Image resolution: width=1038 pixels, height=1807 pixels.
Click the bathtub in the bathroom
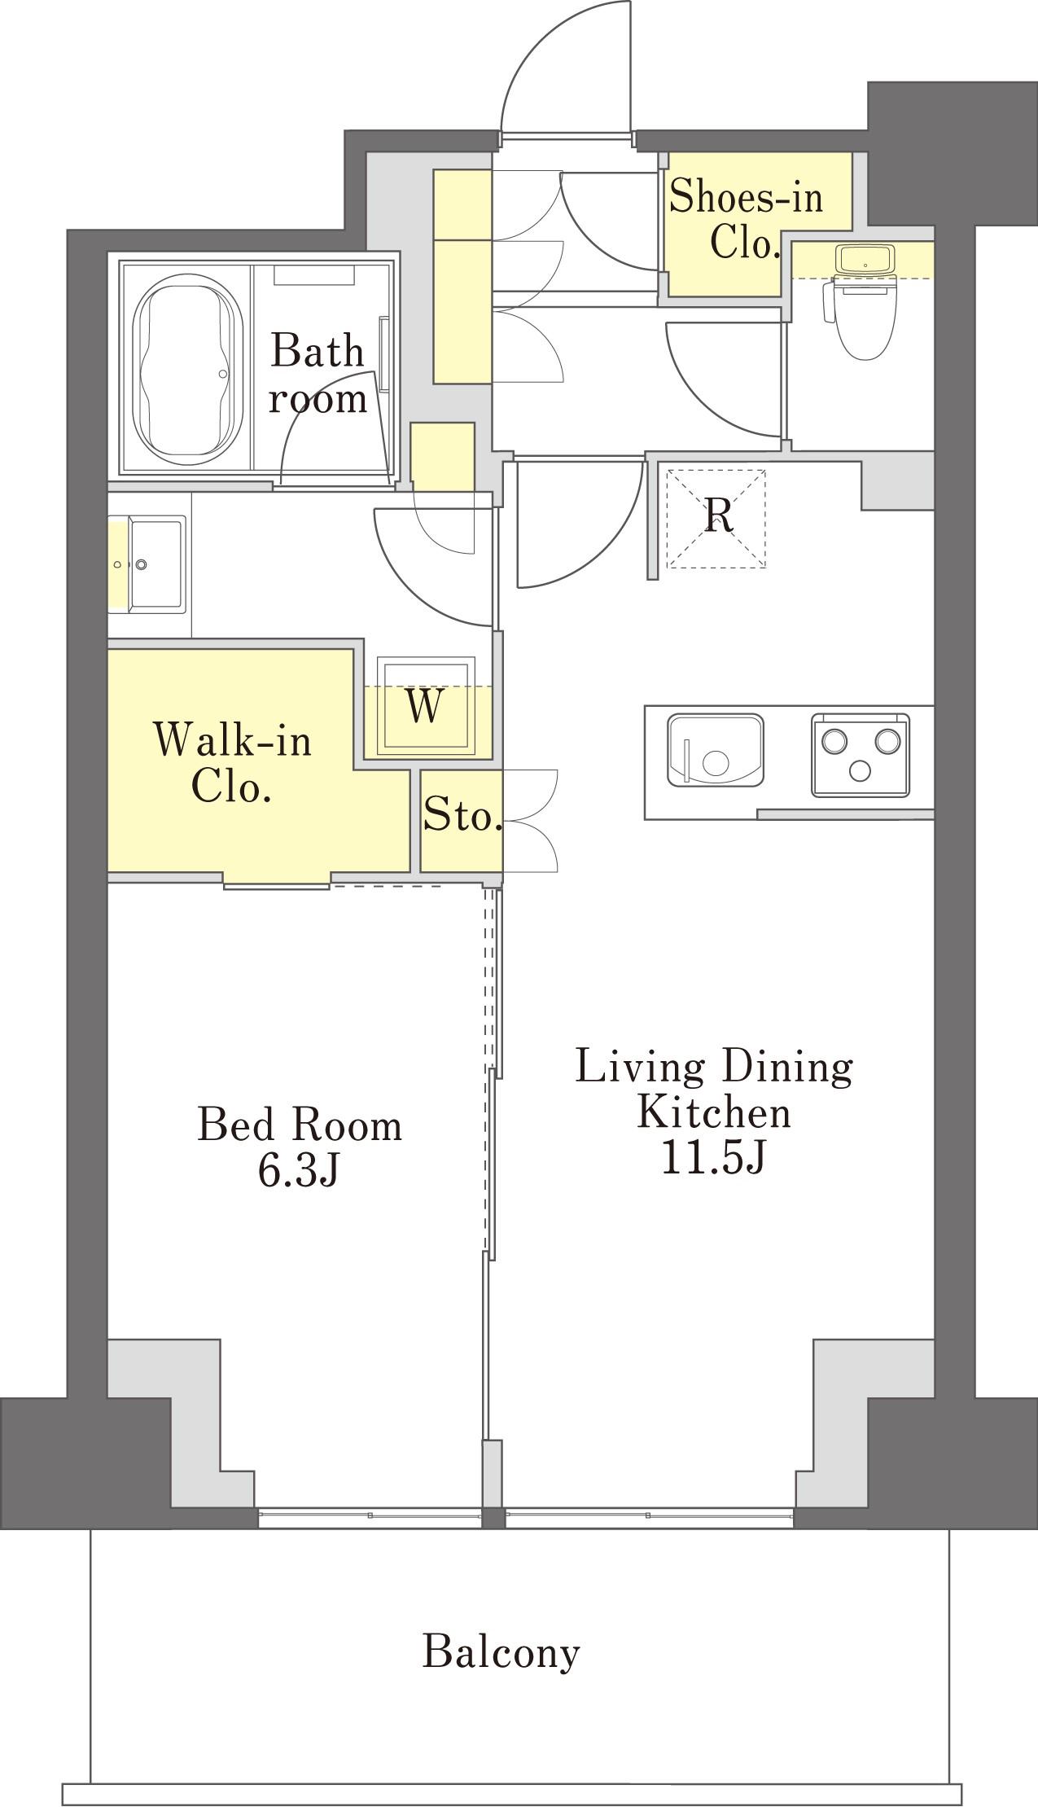pos(188,369)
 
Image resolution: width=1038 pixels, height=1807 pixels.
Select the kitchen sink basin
pos(716,750)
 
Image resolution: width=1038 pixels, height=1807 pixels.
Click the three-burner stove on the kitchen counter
pos(861,753)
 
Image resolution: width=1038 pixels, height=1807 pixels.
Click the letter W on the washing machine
pos(424,707)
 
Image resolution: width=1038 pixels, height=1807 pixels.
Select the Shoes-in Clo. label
pos(745,220)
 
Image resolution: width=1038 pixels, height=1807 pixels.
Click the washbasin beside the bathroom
pos(155,562)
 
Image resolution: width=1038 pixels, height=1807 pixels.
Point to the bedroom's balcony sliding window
pos(370,1515)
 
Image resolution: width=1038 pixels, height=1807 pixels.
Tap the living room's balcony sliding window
pos(649,1515)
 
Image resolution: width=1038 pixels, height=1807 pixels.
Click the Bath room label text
pos(318,375)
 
